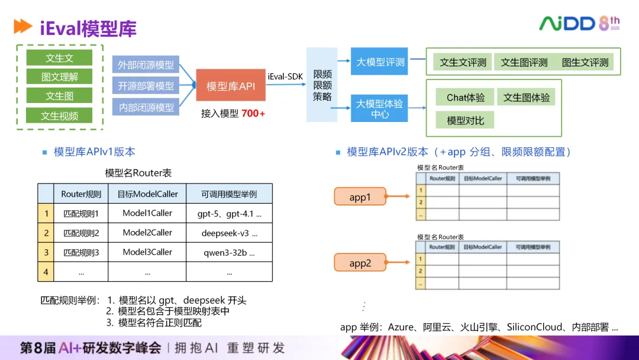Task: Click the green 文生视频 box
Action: click(59, 115)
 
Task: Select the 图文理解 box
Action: click(59, 77)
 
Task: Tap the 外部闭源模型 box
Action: click(146, 65)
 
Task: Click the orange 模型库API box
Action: click(231, 86)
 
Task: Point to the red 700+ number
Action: click(253, 113)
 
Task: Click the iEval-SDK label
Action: click(286, 76)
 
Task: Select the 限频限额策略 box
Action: click(322, 85)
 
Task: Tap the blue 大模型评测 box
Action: click(380, 62)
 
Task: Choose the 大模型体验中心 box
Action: click(380, 108)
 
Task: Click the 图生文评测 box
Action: click(585, 62)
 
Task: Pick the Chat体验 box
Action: click(465, 98)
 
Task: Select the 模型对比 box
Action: click(465, 120)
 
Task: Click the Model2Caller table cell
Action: click(147, 233)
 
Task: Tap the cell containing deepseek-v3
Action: click(230, 233)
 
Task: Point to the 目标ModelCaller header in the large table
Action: click(147, 194)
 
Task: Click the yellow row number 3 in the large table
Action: click(46, 252)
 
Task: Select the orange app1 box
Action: click(360, 197)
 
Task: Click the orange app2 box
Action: click(360, 263)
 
